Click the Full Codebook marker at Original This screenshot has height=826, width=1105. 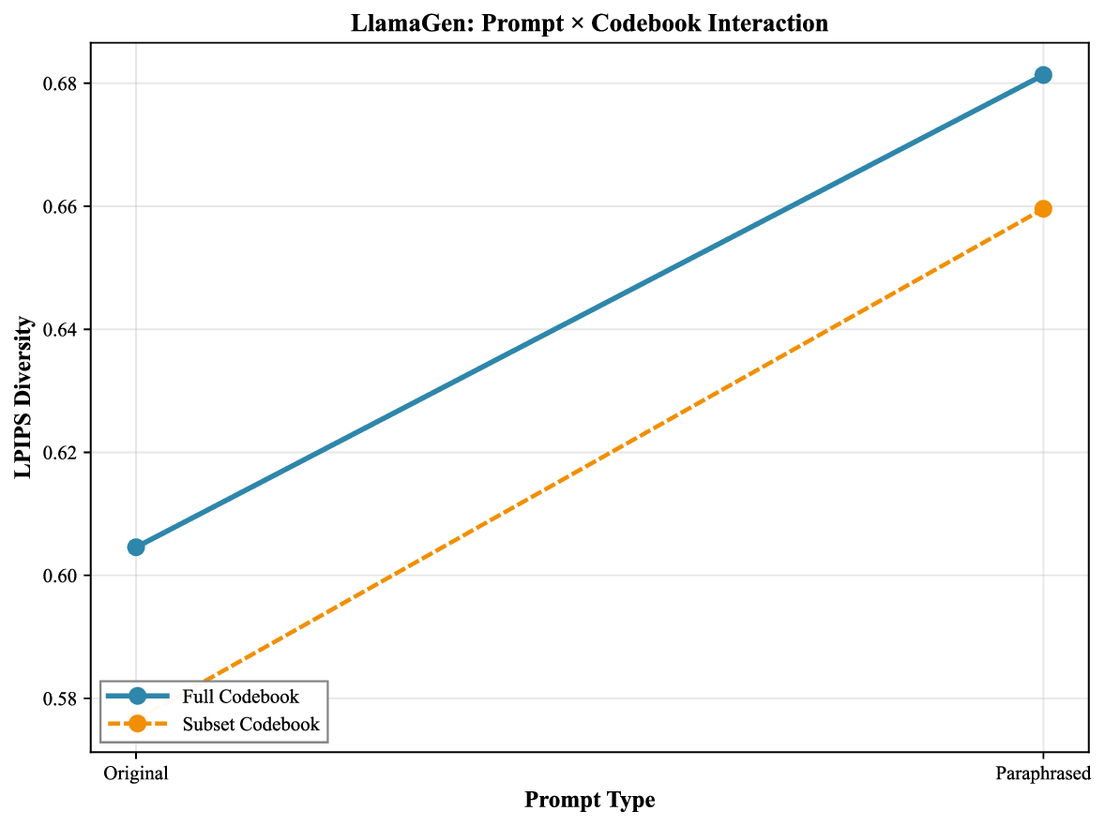point(136,547)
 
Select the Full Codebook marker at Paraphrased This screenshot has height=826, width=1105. point(1043,75)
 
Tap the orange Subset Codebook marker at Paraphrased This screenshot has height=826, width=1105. point(1043,208)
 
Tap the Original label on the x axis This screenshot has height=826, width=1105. point(136,774)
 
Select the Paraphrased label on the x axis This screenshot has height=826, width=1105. point(1043,774)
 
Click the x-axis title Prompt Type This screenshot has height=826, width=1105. point(589,801)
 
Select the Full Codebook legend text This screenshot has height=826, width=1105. point(241,697)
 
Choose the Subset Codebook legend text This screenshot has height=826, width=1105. point(250,724)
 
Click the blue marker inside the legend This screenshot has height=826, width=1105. point(138,696)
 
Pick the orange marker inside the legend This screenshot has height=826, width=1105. point(138,723)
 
